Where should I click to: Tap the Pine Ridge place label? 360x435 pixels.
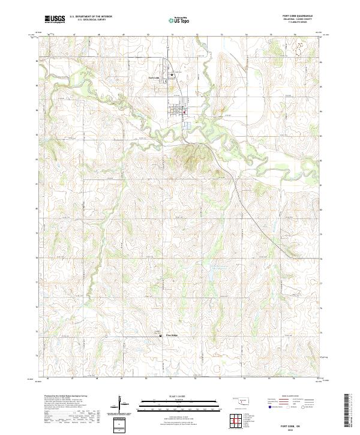coord(172,335)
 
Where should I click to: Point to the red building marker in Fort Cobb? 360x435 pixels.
coord(185,111)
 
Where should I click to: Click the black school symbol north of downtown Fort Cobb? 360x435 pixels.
coord(171,74)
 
